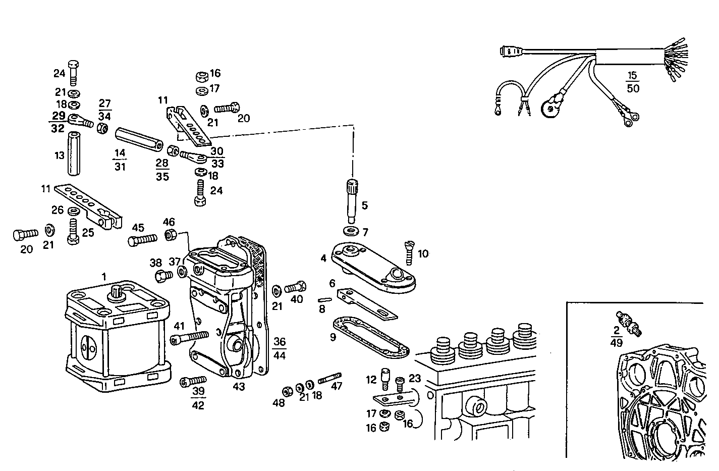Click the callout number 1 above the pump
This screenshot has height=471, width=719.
(x=104, y=276)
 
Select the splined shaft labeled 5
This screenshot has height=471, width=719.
(x=351, y=200)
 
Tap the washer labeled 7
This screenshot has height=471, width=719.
(x=351, y=231)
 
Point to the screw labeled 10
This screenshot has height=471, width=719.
(x=408, y=253)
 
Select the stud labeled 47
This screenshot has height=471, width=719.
(x=330, y=378)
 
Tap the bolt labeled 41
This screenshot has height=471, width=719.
(x=190, y=338)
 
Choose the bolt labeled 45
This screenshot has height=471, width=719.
(x=144, y=241)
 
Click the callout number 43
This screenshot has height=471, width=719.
(x=239, y=387)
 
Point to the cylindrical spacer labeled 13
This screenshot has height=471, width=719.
(x=75, y=152)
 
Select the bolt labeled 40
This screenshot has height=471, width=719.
(x=296, y=287)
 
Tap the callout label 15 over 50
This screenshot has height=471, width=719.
(x=632, y=82)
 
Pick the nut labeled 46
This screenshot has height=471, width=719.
(x=170, y=235)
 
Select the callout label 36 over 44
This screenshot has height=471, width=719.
(x=279, y=348)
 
